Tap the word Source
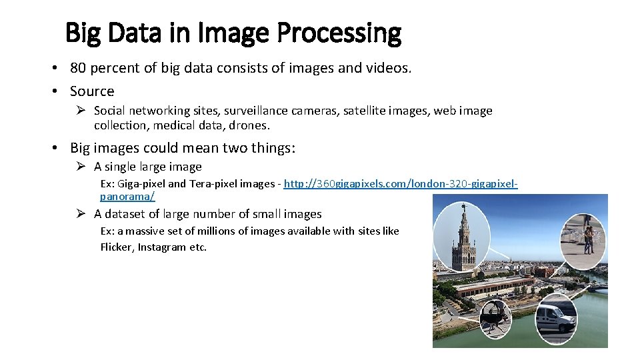coord(92,91)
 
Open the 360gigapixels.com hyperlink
coord(400,183)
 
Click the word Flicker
coord(117,247)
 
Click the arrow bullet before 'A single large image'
coord(79,167)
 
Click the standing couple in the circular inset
coord(588,237)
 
